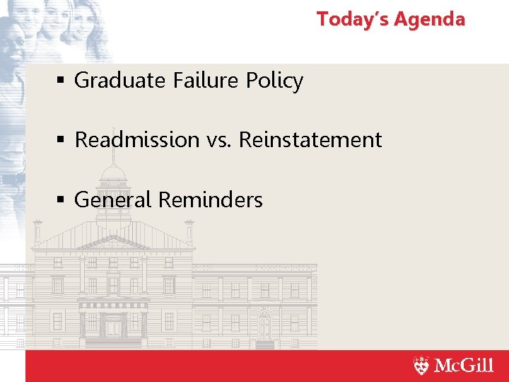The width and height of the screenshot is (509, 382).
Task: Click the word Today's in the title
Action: [351, 19]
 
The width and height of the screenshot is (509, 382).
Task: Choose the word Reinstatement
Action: [310, 139]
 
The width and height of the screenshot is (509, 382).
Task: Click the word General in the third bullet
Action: [113, 200]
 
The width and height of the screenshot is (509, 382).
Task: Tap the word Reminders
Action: [210, 200]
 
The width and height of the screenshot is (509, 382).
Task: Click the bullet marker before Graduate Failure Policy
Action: [62, 81]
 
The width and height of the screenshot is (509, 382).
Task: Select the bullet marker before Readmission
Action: [62, 140]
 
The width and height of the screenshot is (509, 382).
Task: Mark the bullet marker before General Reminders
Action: [62, 201]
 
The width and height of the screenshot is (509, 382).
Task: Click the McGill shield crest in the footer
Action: [421, 366]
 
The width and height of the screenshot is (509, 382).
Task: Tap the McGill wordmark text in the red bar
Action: [464, 366]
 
